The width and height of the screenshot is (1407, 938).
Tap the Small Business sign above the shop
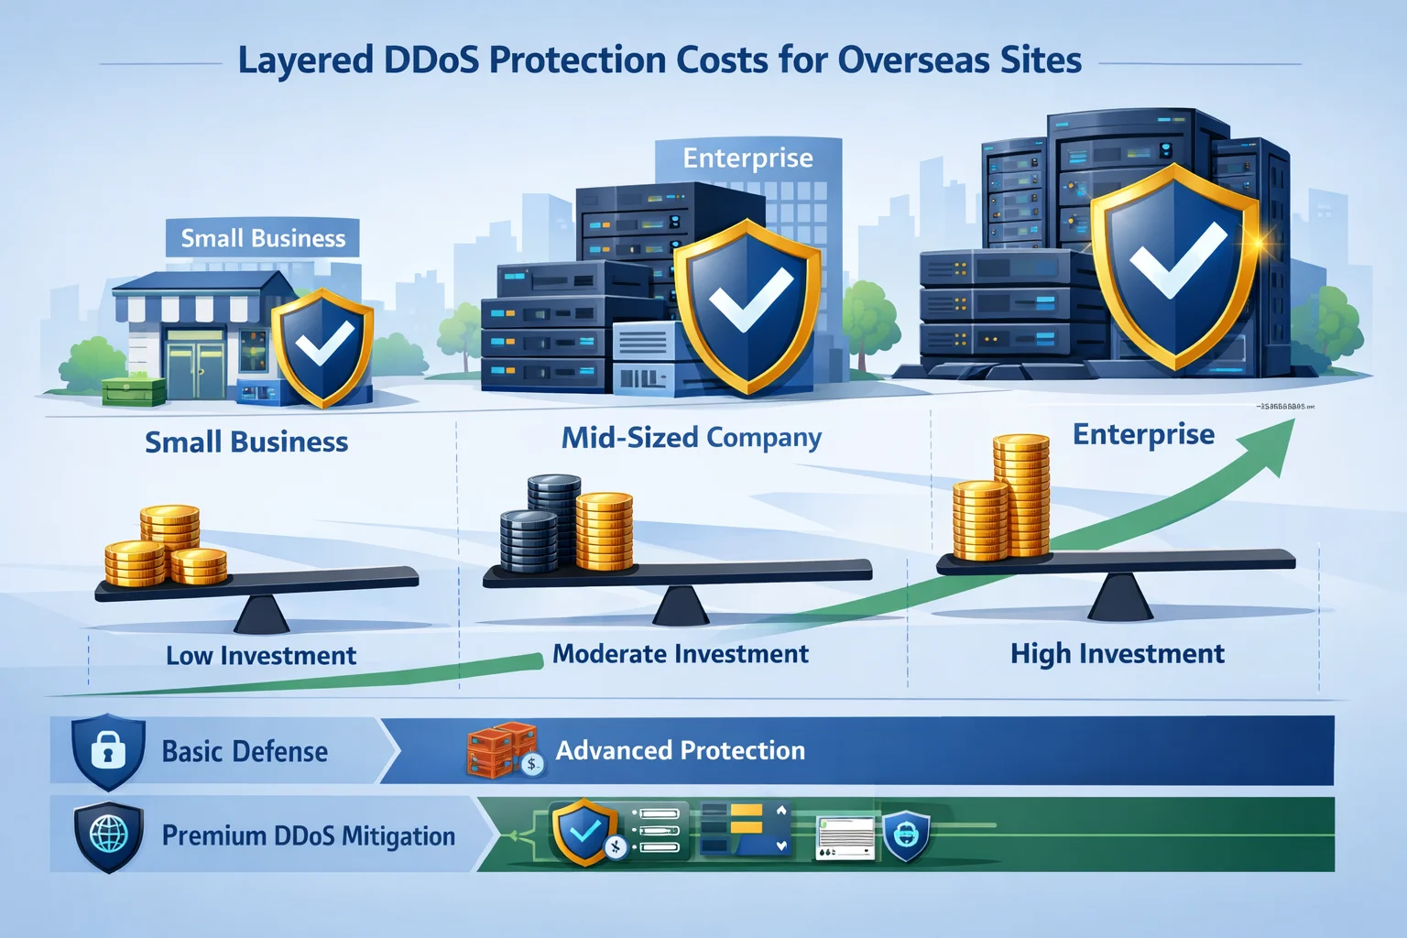263,238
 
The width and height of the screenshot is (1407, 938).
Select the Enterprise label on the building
747,158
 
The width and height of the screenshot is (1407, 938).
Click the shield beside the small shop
322,347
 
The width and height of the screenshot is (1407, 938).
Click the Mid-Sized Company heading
692,438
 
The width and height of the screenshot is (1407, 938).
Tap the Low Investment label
261,656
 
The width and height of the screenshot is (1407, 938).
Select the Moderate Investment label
681,654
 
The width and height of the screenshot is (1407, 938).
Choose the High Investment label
1117,654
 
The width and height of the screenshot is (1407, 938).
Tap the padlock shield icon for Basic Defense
108,752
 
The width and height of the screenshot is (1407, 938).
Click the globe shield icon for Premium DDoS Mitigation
108,835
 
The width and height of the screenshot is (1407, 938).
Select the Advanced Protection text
681,751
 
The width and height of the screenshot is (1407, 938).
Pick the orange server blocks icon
501,750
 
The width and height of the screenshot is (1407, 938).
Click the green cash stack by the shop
134,392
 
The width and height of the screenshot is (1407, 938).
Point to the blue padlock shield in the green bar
906,834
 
